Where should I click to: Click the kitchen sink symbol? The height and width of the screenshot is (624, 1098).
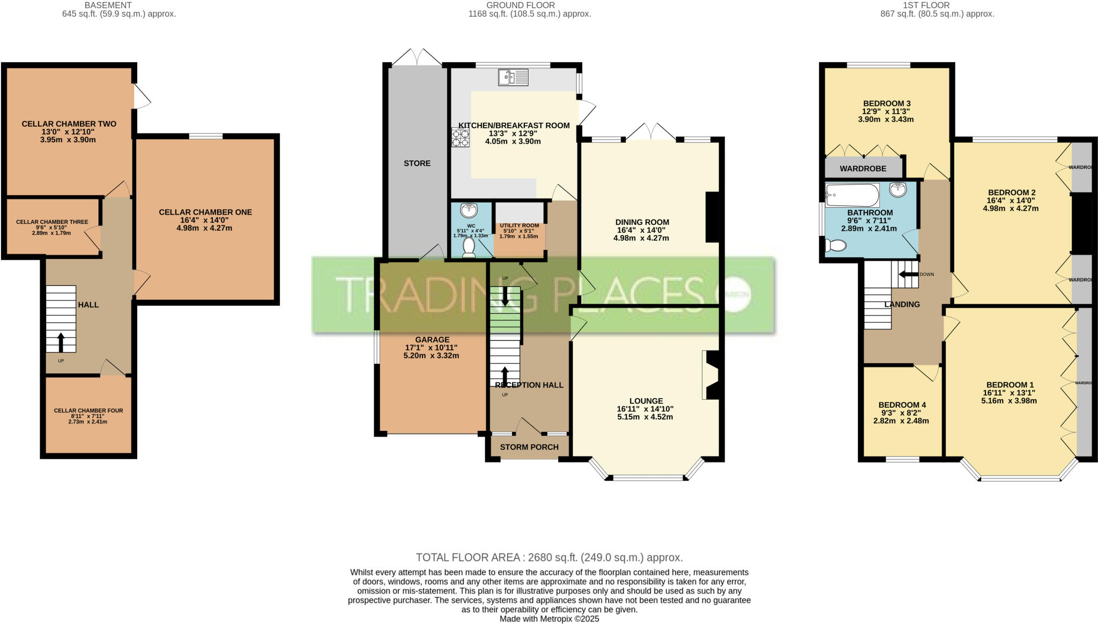513,78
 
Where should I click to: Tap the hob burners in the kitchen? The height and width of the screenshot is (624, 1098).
460,137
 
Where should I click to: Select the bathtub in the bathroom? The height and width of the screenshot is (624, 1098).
852,195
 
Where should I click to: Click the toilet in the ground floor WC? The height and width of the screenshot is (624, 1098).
469,247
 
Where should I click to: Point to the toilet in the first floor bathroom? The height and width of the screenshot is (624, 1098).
836,246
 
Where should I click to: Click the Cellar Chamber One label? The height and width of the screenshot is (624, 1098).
205,212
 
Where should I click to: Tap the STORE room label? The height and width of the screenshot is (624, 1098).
417,163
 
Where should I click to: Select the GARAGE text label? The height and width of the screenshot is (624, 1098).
432,339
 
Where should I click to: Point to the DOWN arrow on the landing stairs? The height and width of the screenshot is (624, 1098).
908,274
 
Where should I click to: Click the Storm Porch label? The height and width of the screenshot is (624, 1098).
529,447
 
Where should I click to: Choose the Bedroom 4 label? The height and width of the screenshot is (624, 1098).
902,405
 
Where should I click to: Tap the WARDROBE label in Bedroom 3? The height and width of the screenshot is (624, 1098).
863,168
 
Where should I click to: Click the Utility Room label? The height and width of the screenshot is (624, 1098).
519,225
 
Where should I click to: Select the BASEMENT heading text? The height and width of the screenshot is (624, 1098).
108,5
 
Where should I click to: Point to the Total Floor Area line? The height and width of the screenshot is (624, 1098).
549,557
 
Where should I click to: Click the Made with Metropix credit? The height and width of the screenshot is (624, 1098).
549,619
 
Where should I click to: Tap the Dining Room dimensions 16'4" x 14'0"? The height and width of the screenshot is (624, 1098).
642,230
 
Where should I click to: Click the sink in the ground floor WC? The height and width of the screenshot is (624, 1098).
469,210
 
